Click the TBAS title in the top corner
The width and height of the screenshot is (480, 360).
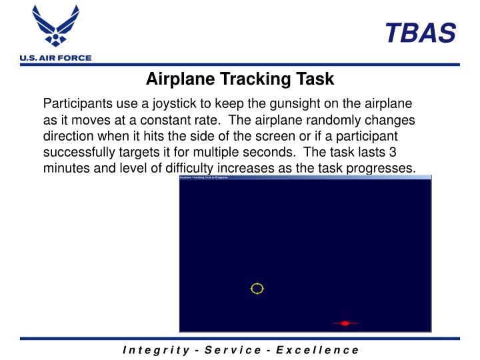click(420, 32)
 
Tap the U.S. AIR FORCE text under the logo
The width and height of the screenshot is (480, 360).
click(55, 58)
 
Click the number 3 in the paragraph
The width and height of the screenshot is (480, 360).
click(393, 152)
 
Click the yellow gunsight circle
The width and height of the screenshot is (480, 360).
click(257, 289)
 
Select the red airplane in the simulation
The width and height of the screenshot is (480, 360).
click(345, 323)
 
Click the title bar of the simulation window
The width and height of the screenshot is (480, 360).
click(305, 177)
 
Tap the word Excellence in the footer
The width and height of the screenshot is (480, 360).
click(319, 350)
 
